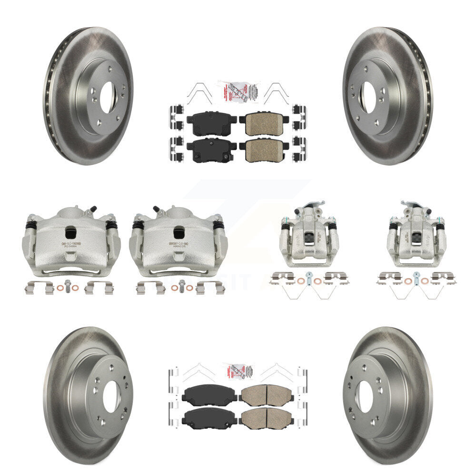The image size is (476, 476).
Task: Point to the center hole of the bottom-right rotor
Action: coord(366,397)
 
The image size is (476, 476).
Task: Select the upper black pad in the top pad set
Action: coord(211,124)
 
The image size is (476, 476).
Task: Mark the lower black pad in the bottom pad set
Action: coord(209,417)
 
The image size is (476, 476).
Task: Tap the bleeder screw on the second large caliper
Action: coord(157,209)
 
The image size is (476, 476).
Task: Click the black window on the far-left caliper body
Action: coord(70,232)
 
